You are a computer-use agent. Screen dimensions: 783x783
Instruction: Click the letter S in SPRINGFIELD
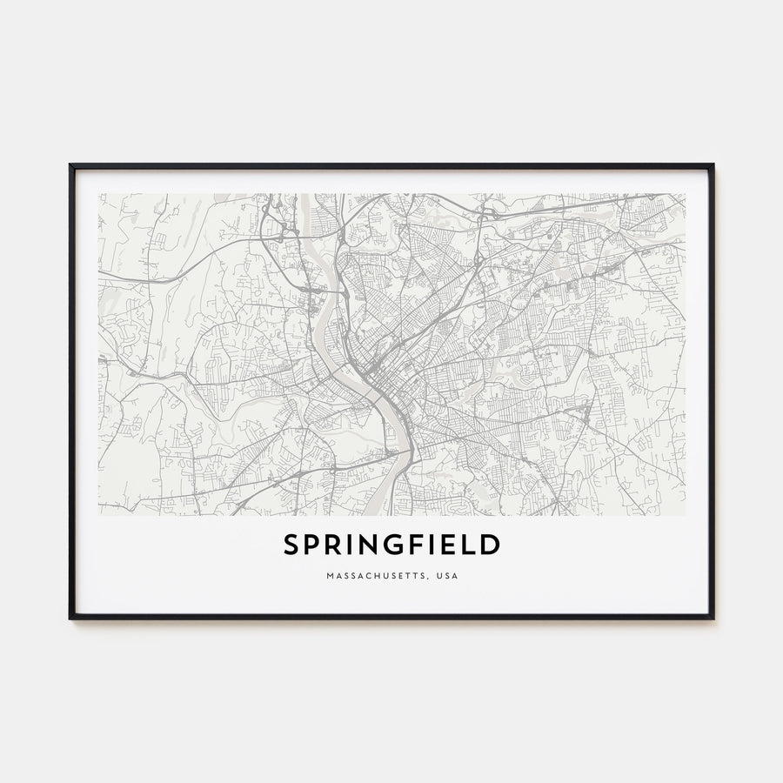coord(291,545)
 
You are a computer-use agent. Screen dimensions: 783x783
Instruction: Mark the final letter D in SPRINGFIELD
coord(493,545)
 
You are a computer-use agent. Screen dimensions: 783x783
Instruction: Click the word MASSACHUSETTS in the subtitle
coord(365,576)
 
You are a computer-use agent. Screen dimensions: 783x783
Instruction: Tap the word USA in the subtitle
coord(447,576)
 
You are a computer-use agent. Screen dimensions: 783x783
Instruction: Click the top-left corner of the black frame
coord(70,165)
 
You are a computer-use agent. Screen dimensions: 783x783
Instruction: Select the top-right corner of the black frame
coord(713,165)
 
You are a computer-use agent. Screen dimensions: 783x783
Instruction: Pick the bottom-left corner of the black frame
coord(70,618)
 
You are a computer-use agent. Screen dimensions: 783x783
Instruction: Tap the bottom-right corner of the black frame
coord(713,618)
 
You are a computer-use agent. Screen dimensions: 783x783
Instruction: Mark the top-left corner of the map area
coord(99,194)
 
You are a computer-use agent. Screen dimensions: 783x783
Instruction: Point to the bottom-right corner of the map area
coord(684,514)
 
